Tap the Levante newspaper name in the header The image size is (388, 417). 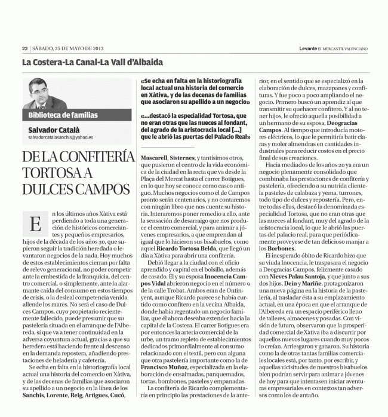pos(310,48)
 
